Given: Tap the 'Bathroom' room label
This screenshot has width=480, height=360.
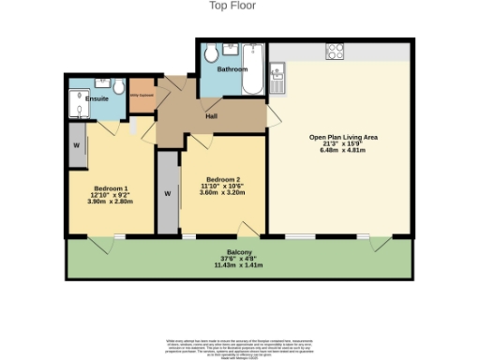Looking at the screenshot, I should click(232, 70).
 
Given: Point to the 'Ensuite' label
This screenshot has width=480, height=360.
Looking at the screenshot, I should click(97, 97).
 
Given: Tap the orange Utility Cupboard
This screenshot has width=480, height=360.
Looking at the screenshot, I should click(141, 97).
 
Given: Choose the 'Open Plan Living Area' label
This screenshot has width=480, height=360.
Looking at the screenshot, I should click(344, 137).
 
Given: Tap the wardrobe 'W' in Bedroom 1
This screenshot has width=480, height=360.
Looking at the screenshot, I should click(75, 146).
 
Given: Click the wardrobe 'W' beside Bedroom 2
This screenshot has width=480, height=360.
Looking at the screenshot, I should click(167, 194).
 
